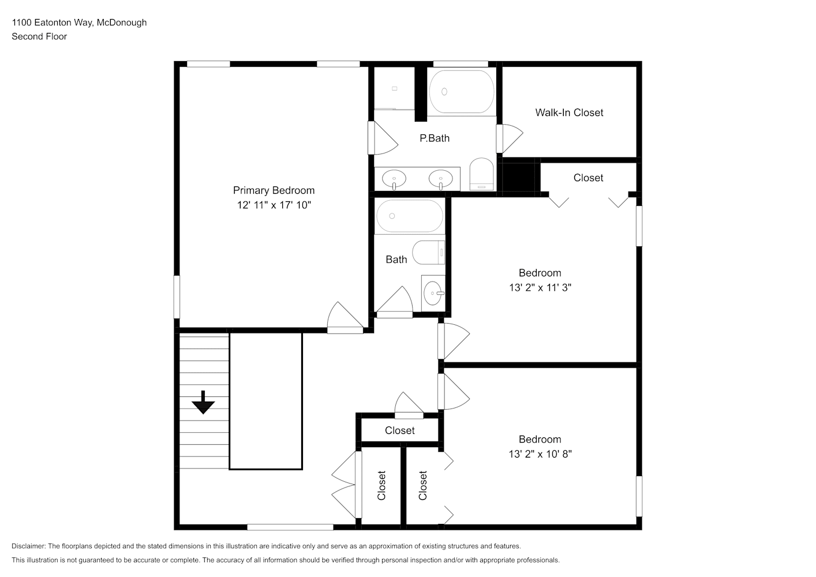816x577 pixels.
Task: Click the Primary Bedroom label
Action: [x=274, y=190]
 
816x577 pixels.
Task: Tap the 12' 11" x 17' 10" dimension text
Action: [x=274, y=205]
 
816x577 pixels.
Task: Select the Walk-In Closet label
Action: [x=569, y=113]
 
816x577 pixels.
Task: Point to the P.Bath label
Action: [x=434, y=138]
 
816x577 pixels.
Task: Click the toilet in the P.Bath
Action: [x=481, y=174]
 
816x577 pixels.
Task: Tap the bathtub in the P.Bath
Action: [x=462, y=91]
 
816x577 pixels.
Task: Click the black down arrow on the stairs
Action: [x=203, y=402]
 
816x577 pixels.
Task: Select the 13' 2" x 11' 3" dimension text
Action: [x=540, y=288]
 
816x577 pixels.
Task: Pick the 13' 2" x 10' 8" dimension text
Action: [x=540, y=454]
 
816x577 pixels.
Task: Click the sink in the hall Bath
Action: [x=433, y=293]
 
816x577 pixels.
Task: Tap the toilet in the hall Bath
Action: [x=429, y=253]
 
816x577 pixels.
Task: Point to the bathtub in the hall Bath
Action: [x=410, y=216]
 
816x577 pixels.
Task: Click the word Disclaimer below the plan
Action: [x=29, y=546]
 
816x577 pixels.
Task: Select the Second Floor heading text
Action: [x=39, y=36]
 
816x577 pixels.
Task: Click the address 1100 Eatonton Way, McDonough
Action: [x=80, y=23]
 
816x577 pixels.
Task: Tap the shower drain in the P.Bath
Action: [x=395, y=88]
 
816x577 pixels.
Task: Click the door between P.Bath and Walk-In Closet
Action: [x=509, y=139]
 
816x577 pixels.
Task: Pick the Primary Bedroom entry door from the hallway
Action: [x=345, y=318]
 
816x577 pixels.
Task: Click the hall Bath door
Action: [x=395, y=302]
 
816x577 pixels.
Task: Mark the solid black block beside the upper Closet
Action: [x=519, y=177]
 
